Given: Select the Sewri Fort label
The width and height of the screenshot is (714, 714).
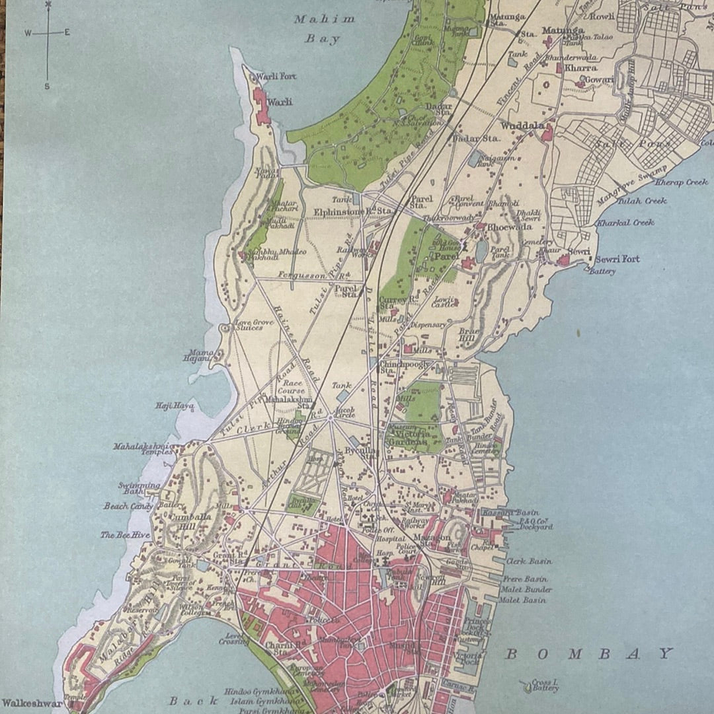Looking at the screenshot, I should [x=616, y=260].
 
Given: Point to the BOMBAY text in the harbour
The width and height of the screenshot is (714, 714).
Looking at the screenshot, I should [x=588, y=654].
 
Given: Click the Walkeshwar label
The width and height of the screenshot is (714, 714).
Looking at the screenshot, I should [x=32, y=703].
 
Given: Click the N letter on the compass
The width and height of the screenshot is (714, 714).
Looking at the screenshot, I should [x=48, y=5].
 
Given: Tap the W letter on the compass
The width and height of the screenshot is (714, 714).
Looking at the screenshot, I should [x=28, y=32].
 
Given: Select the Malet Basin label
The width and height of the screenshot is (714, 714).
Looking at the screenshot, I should [x=522, y=600].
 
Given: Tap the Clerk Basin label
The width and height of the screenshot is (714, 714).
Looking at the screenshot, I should [x=529, y=561].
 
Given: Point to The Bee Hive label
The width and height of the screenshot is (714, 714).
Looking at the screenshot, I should [x=125, y=535].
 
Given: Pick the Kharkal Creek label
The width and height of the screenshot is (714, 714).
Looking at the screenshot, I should [x=625, y=223].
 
